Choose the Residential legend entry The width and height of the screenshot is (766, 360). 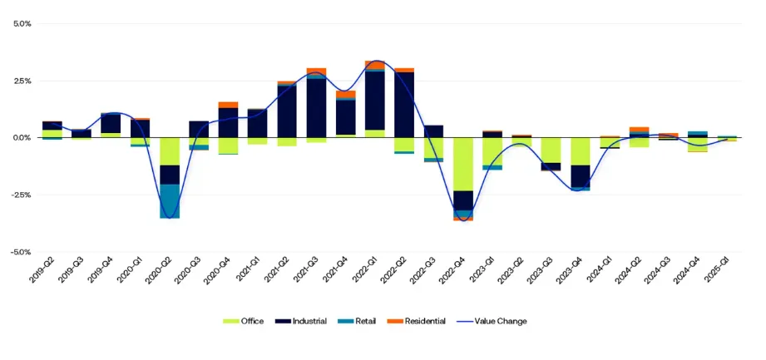[420, 321]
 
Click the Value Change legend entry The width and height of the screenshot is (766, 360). [496, 321]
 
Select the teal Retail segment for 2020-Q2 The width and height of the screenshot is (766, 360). [170, 201]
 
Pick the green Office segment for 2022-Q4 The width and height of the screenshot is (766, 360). [463, 164]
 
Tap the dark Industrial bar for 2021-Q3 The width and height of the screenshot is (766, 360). [316, 108]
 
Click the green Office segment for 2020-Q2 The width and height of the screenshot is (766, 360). [170, 151]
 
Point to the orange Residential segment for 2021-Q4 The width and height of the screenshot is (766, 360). [346, 94]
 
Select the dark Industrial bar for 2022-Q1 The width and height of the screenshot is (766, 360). [375, 101]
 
